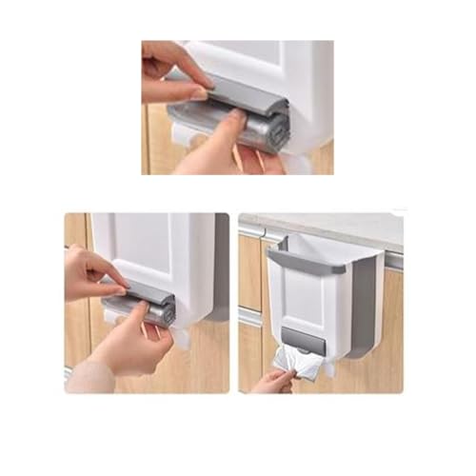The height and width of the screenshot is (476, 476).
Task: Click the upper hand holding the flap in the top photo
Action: point(171,71)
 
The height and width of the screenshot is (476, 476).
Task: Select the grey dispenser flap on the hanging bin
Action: point(301,336)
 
